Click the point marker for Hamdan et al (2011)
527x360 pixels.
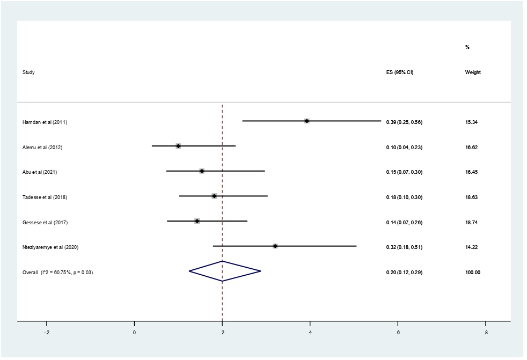pos(306,121)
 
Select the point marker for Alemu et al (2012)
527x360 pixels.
pos(178,146)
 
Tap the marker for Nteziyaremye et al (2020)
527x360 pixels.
pos(275,246)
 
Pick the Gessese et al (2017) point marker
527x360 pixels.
pos(197,221)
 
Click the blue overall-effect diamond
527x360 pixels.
pos(224,271)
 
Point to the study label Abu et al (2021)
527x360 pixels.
pos(40,172)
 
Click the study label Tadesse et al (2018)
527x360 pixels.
pos(45,197)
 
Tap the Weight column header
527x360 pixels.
pos(473,72)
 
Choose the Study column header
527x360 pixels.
pos(28,72)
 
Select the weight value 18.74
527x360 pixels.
pos(472,222)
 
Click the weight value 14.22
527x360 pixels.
pos(472,247)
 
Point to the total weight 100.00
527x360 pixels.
pos(473,273)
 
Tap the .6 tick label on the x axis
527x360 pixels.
pos(397,333)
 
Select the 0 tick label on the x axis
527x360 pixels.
pos(134,333)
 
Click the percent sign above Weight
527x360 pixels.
pos(467,47)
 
